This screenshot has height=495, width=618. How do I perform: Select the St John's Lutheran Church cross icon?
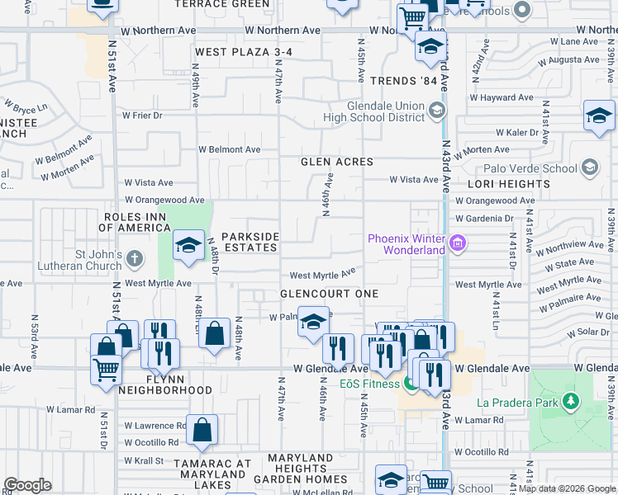[x=135, y=260]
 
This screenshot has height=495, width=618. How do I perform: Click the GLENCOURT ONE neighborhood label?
[x=329, y=294]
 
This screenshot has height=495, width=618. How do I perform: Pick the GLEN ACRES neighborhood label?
[x=337, y=162]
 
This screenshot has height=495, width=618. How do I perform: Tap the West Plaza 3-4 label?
[x=244, y=52]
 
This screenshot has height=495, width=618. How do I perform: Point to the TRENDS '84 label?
[x=402, y=81]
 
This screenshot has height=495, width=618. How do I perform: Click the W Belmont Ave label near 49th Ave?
[x=229, y=150]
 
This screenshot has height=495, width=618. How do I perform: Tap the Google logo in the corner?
[x=27, y=485]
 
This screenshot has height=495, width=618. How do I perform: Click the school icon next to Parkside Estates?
[x=188, y=246]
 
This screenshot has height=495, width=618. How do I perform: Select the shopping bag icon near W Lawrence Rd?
[x=202, y=429]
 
